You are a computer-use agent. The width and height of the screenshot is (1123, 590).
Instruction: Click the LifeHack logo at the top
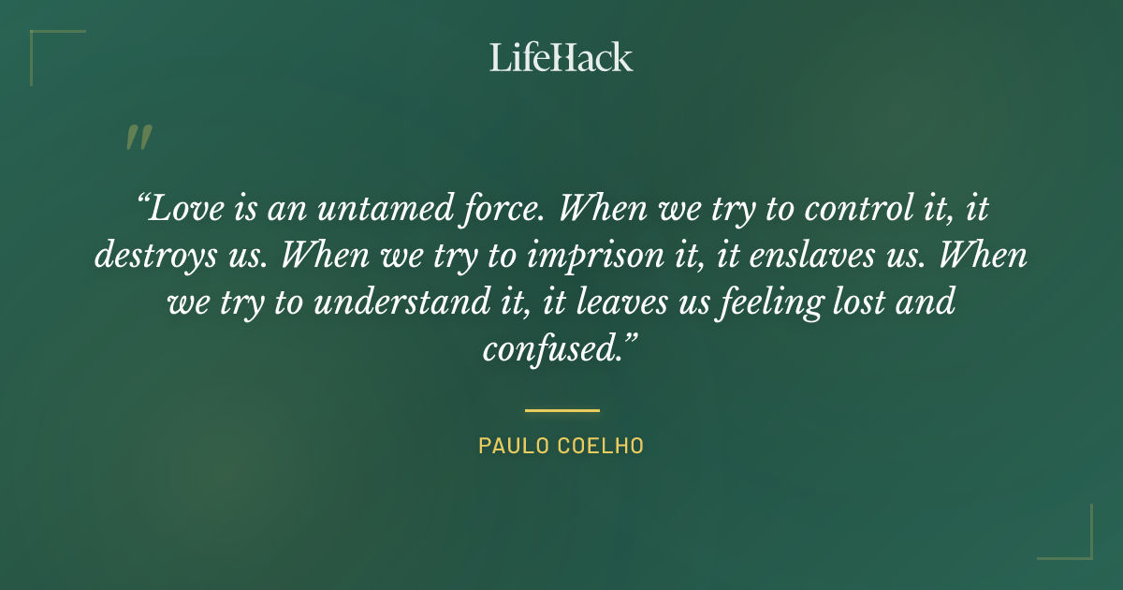click(x=561, y=58)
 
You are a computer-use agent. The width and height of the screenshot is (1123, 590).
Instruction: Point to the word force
click(x=497, y=209)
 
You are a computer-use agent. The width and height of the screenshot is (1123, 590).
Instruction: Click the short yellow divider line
click(x=561, y=410)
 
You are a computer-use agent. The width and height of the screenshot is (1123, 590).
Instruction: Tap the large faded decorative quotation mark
click(x=138, y=138)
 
